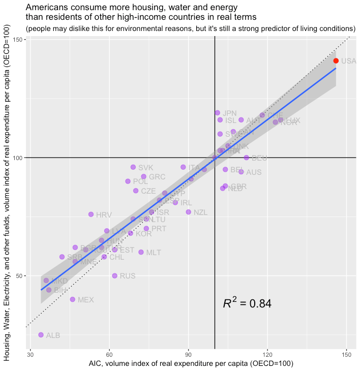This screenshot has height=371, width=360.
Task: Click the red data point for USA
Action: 336,61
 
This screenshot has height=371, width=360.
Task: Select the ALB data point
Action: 41,335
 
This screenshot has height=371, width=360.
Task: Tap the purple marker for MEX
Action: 72,299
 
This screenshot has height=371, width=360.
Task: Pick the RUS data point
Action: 114,276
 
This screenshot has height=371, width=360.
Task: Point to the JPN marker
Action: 217,113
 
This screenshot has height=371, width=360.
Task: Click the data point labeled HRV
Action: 91,214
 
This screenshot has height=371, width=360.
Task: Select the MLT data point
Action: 141,252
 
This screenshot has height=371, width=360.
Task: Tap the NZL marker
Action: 188,212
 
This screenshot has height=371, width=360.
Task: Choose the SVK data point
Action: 133,167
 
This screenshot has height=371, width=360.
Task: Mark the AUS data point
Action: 241,172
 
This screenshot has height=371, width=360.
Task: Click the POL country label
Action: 140,181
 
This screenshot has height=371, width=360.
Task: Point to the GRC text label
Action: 157,177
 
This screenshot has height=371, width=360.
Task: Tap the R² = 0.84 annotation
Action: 247,304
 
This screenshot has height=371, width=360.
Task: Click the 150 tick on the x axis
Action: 347,354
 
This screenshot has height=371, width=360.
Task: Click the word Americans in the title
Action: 48,8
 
